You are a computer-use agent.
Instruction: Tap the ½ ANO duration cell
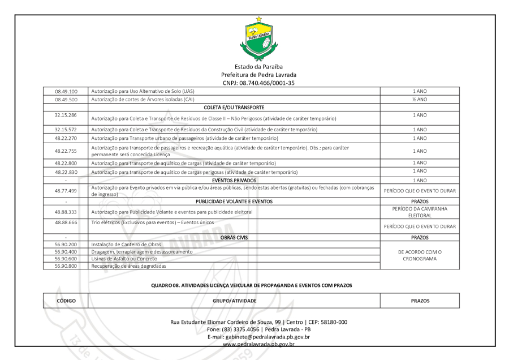tap(419, 98)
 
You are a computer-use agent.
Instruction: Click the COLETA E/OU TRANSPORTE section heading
tap(235, 106)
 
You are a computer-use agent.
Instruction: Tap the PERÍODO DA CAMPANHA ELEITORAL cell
tap(419, 212)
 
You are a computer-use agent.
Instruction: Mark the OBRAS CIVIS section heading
tap(235, 237)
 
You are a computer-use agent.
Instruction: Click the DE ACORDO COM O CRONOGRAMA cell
tap(419, 255)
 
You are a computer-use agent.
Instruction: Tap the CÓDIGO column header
tap(66, 299)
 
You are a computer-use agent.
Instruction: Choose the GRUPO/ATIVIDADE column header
tap(235, 299)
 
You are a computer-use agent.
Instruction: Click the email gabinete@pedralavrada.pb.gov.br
tap(258, 337)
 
